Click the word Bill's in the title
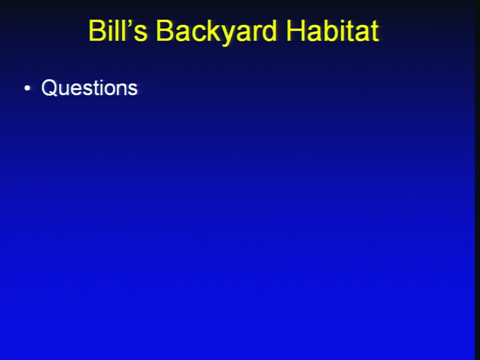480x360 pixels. (118, 30)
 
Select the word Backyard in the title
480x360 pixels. (216, 32)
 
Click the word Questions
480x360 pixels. (89, 88)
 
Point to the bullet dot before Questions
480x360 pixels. (27, 88)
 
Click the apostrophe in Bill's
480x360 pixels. (130, 23)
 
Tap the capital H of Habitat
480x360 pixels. (295, 30)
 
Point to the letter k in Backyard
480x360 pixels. (215, 30)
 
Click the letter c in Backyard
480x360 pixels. (200, 33)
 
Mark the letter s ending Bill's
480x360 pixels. (141, 33)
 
